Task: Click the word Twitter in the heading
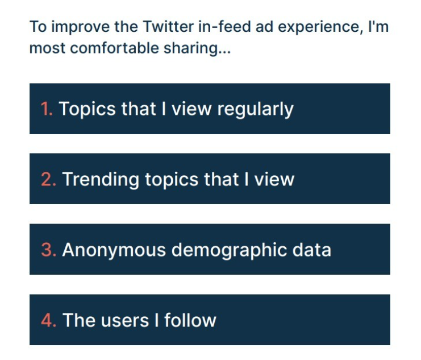coord(168,27)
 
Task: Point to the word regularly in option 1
coord(255,110)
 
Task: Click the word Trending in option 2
coord(101,180)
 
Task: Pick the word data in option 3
coord(312,250)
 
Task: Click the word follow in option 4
coord(190,320)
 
